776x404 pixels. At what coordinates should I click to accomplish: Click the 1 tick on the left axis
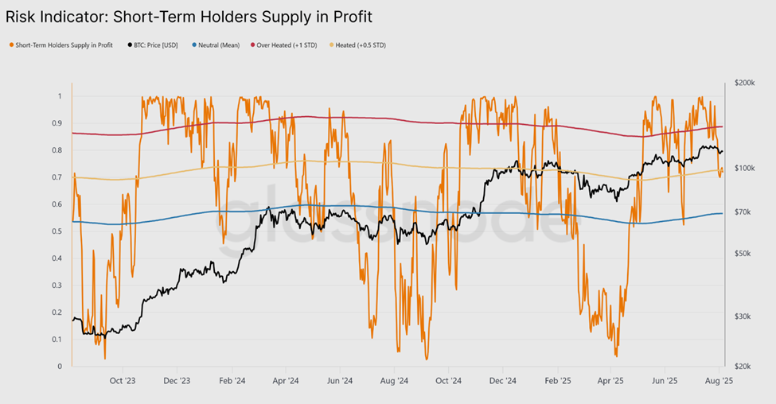pos(58,96)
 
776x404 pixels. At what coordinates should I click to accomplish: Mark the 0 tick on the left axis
pos(58,367)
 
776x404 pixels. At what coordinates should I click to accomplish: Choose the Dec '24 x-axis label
pos(503,381)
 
